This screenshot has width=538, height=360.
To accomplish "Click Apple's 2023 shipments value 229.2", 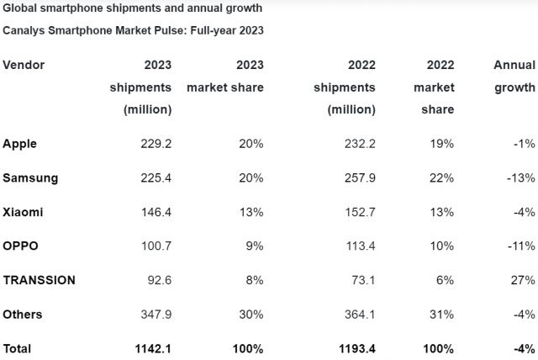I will [156, 144].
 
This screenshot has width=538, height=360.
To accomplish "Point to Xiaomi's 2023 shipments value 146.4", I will [156, 212].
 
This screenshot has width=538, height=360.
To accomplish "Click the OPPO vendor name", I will [22, 246].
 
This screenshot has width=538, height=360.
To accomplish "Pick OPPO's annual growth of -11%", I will [520, 246].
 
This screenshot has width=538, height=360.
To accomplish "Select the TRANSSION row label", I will [40, 280].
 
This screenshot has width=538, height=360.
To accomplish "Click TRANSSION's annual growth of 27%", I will [523, 280].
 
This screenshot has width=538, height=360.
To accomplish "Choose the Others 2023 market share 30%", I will [251, 314].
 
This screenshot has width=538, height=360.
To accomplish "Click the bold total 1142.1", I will [153, 348].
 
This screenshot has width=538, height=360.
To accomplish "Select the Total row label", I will [18, 348].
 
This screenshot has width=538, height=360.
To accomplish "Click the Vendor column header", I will [24, 65].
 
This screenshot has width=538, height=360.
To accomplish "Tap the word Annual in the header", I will [514, 65].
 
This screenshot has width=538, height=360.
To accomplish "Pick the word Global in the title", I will [21, 8].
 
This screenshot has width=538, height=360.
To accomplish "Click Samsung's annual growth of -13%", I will [520, 177].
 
